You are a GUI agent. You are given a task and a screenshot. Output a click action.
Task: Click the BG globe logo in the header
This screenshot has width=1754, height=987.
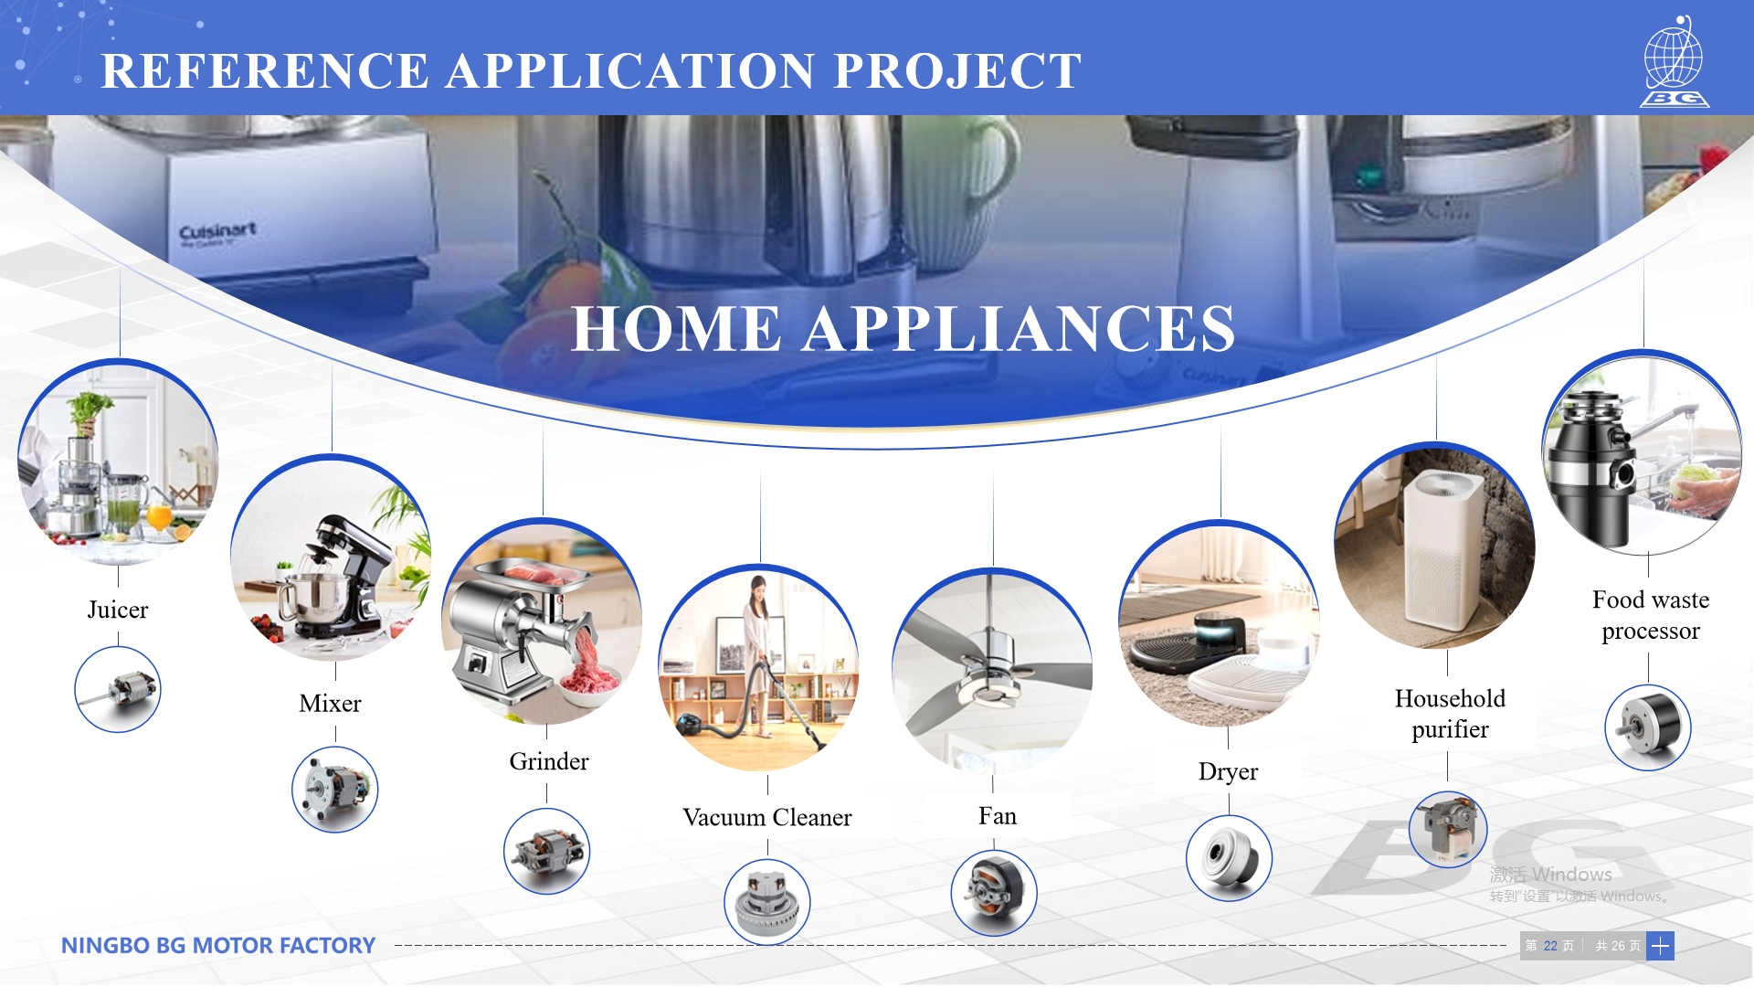click(1675, 61)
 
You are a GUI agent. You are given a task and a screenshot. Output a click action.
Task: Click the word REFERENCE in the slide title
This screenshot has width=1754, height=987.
click(265, 71)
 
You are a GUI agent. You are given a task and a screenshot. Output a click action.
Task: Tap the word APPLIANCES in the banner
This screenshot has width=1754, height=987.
click(1019, 329)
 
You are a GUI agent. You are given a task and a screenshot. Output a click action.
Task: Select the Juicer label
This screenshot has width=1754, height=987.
click(118, 610)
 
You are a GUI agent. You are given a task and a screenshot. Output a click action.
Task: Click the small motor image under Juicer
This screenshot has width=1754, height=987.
click(118, 689)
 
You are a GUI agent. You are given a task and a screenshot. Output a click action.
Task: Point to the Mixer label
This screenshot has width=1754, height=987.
click(330, 703)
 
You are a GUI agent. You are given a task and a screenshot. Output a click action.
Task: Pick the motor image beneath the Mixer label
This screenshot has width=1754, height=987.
click(335, 790)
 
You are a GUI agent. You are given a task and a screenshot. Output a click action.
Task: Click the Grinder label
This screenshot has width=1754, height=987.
click(549, 761)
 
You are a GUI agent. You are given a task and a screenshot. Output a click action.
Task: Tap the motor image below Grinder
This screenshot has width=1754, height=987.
click(547, 851)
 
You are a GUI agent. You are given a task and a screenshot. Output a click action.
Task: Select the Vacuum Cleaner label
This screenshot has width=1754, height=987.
click(767, 817)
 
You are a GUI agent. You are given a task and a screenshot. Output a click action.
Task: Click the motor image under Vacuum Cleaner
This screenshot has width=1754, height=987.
click(767, 902)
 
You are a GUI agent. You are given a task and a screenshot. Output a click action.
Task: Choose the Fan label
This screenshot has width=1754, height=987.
click(998, 815)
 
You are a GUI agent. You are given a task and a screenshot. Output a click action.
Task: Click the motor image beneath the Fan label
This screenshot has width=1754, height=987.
click(994, 893)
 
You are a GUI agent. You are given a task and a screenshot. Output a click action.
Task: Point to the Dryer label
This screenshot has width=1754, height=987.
click(1229, 772)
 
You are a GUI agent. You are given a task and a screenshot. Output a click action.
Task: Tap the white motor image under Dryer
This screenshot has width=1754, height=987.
click(1229, 858)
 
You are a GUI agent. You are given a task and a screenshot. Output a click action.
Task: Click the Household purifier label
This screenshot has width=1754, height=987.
click(1450, 714)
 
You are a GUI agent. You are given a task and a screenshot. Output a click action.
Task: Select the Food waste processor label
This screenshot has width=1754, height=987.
click(1651, 615)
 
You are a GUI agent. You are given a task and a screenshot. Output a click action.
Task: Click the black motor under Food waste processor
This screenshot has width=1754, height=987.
click(1648, 727)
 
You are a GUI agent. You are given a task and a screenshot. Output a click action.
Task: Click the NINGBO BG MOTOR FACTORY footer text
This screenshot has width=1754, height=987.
click(218, 946)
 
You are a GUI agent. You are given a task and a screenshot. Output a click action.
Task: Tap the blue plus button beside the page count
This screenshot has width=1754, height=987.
click(1661, 946)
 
